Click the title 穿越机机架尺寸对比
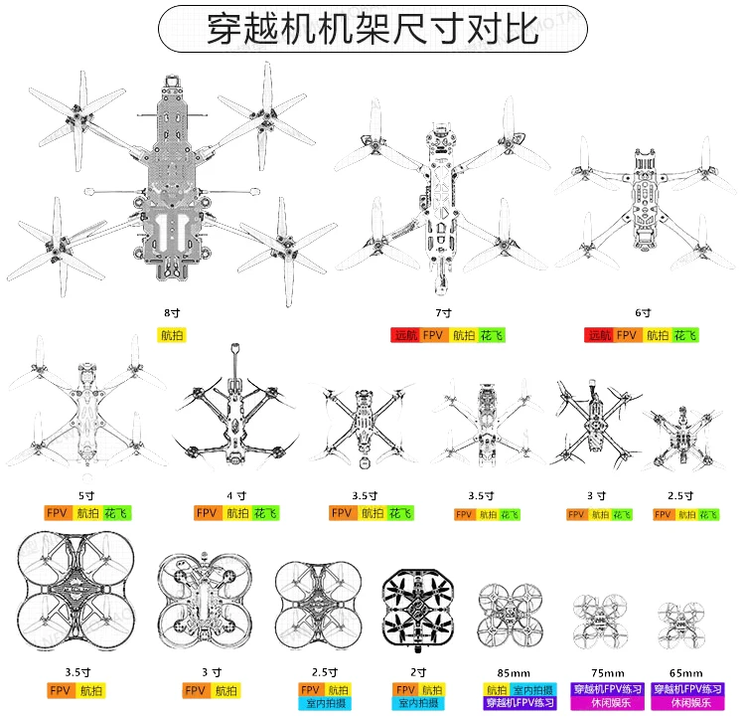[x=372, y=29]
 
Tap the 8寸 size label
[x=173, y=312]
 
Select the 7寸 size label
[x=443, y=312]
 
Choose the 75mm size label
[x=606, y=672]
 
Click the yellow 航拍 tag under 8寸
[x=172, y=335]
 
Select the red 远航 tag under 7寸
[x=404, y=335]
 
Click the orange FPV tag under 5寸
[x=58, y=513]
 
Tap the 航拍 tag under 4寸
[x=237, y=513]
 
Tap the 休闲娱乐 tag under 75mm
[x=606, y=703]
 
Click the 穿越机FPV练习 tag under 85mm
[x=520, y=703]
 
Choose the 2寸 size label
[x=420, y=672]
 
